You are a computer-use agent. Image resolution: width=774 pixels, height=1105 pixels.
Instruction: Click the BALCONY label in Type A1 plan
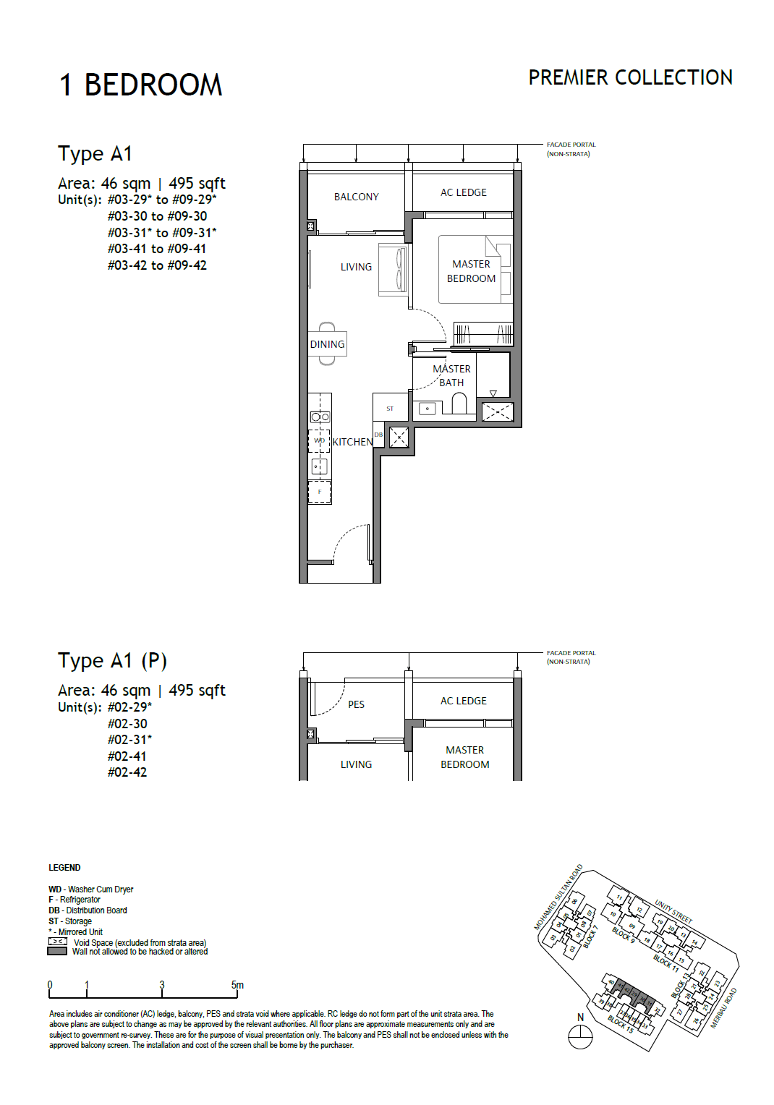[x=356, y=197]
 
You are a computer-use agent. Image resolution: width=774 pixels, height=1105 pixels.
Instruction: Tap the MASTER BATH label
[x=451, y=376]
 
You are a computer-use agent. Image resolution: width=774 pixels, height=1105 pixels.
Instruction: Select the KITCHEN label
[x=352, y=442]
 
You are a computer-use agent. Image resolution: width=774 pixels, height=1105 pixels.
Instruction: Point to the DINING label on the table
[x=327, y=344]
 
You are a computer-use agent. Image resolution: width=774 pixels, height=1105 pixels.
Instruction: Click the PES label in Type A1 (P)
[x=356, y=704]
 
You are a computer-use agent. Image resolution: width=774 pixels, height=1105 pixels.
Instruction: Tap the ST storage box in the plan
[x=390, y=409]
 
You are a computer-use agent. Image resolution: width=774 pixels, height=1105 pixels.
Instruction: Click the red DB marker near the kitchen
[x=378, y=435]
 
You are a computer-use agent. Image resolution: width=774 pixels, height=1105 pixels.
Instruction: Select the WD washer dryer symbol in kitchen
[x=319, y=440]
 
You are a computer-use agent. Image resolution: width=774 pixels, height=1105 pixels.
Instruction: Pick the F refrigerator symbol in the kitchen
[x=320, y=492]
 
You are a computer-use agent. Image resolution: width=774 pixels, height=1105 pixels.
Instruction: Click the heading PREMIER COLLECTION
[x=630, y=77]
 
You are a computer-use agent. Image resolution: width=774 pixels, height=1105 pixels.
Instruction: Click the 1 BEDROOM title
[x=140, y=85]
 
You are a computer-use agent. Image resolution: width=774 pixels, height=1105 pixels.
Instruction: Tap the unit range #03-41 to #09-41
[x=157, y=249]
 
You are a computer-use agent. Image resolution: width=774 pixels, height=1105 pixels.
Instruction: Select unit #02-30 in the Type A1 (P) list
[x=127, y=724]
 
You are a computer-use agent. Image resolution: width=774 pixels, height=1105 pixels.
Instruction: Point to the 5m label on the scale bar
[x=237, y=985]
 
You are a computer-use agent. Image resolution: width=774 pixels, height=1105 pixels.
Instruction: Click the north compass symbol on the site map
[x=580, y=1038]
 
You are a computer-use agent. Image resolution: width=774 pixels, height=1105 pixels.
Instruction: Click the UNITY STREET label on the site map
[x=673, y=911]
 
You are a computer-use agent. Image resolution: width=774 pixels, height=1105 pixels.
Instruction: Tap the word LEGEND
[x=64, y=868]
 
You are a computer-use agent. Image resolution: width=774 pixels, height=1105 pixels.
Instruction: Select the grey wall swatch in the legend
[x=57, y=952]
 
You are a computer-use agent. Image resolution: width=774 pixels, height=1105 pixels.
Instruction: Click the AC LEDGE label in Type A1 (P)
[x=464, y=701]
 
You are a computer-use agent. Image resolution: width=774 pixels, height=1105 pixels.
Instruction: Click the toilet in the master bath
[x=459, y=404]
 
